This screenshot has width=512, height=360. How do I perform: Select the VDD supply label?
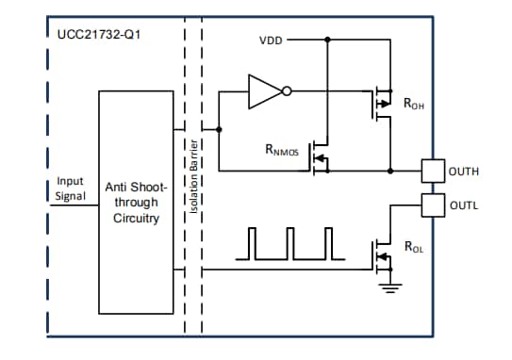click(271, 41)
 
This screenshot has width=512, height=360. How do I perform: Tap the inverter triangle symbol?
click(265, 91)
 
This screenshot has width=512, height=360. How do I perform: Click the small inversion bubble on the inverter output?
click(286, 91)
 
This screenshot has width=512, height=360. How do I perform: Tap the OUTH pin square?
click(432, 171)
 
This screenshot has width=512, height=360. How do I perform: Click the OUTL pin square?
click(432, 205)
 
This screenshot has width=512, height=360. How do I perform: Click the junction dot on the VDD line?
click(326, 41)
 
